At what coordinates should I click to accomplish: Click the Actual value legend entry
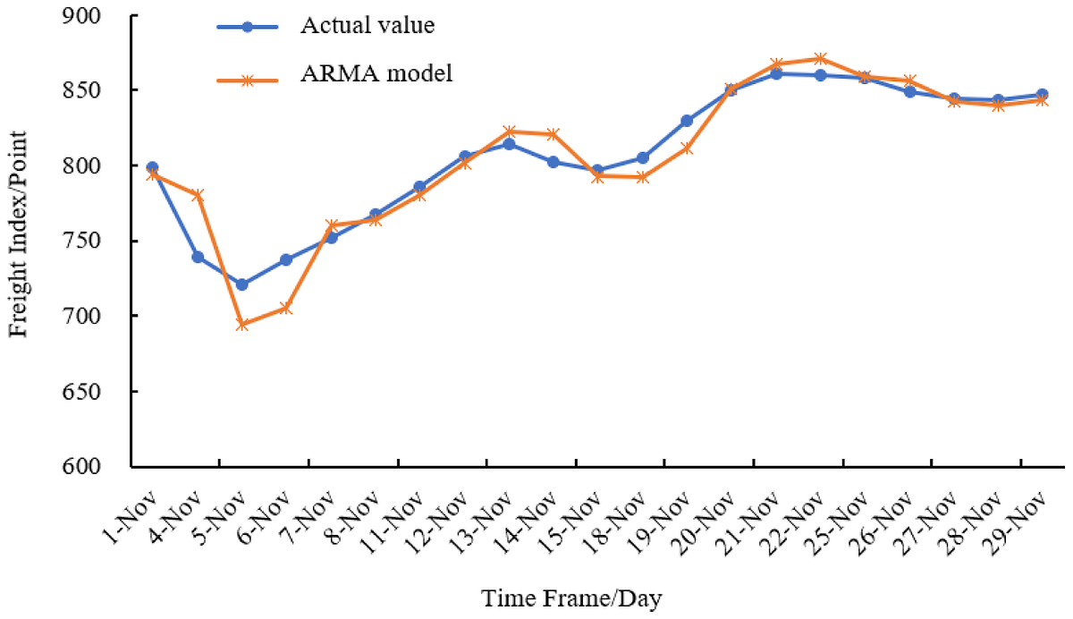tap(367, 25)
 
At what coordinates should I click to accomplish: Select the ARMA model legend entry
tap(376, 74)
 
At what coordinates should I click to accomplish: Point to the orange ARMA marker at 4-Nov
tap(198, 195)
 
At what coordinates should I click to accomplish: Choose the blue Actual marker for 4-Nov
tap(198, 257)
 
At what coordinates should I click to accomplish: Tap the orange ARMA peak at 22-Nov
tap(820, 59)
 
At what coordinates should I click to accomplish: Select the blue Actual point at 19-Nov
tap(687, 121)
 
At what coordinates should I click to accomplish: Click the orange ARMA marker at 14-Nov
tap(553, 134)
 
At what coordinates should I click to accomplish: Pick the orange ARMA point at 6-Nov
tap(286, 308)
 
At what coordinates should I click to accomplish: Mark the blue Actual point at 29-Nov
tap(1043, 95)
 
